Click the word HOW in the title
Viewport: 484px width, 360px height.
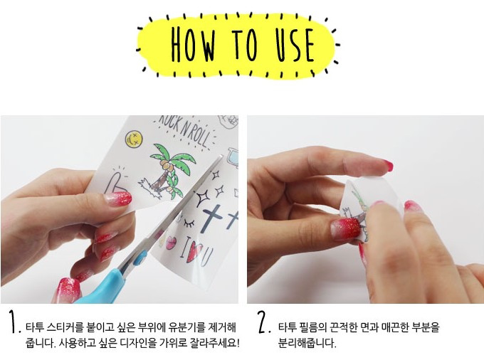193,44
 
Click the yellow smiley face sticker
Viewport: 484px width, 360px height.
134,138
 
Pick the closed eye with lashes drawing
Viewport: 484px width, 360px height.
189,223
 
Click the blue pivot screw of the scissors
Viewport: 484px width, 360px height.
140,258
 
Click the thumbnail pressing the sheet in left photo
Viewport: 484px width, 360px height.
118,198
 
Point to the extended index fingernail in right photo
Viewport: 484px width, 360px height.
386,165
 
